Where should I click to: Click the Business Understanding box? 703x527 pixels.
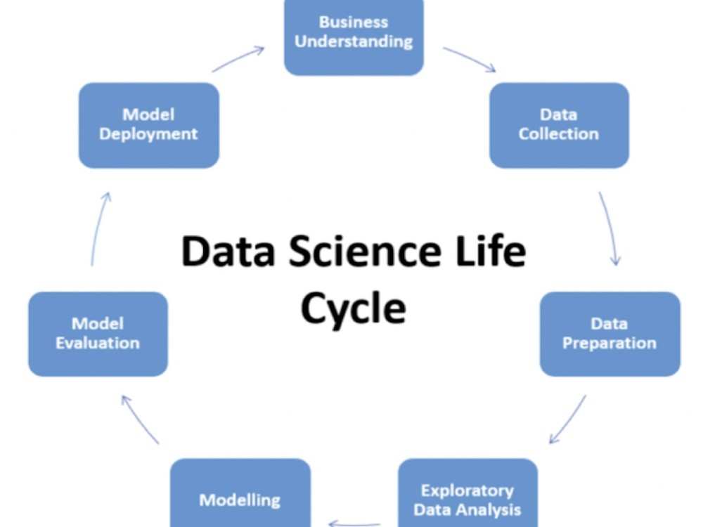pyautogui.click(x=354, y=38)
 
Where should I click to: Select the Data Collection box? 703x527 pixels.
pyautogui.click(x=559, y=126)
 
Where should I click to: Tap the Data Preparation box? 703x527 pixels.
pyautogui.click(x=610, y=334)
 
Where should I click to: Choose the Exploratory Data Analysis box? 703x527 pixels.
pyautogui.click(x=467, y=493)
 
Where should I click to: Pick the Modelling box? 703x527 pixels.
pyautogui.click(x=240, y=493)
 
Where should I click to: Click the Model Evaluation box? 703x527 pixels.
pyautogui.click(x=98, y=334)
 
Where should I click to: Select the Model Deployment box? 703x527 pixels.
pyautogui.click(x=149, y=126)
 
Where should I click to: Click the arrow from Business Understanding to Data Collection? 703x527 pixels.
pyautogui.click(x=470, y=58)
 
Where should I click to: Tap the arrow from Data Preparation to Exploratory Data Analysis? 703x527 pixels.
pyautogui.click(x=567, y=420)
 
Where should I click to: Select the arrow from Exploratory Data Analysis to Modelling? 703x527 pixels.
pyautogui.click(x=354, y=523)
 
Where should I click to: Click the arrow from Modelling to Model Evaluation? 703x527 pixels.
pyautogui.click(x=139, y=419)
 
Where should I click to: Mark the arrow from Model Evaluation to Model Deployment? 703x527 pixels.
pyautogui.click(x=100, y=229)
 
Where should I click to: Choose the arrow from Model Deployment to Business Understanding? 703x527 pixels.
pyautogui.click(x=238, y=59)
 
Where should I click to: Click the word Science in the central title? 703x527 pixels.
pyautogui.click(x=364, y=251)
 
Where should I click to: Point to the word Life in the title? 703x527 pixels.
pyautogui.click(x=491, y=250)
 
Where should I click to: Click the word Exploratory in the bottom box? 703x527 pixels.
pyautogui.click(x=467, y=491)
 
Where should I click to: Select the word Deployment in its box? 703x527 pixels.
pyautogui.click(x=148, y=134)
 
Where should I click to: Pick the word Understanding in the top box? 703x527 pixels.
pyautogui.click(x=354, y=41)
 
